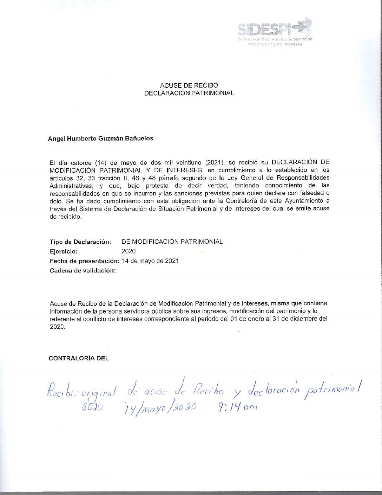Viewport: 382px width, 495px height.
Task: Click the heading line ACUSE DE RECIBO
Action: coord(189,85)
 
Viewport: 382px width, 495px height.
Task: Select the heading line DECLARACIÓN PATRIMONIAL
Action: coord(189,93)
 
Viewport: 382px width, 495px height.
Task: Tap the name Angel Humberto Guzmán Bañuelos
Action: coord(100,139)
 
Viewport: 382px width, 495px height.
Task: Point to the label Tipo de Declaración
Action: coord(80,242)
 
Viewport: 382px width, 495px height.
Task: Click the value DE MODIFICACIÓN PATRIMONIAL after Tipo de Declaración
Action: coord(172,242)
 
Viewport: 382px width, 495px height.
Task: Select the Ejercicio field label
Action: coord(64,251)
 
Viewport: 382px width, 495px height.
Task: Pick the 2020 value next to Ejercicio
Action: coord(129,251)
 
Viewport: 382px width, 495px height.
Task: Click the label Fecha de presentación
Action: coord(85,261)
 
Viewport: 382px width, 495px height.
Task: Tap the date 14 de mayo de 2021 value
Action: coord(150,261)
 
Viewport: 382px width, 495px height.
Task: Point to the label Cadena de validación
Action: coord(83,270)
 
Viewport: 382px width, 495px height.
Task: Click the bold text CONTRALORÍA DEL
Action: coord(79,358)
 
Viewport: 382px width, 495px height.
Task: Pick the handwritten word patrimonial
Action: coord(334,389)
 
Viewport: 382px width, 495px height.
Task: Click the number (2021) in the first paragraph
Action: coord(215,162)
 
